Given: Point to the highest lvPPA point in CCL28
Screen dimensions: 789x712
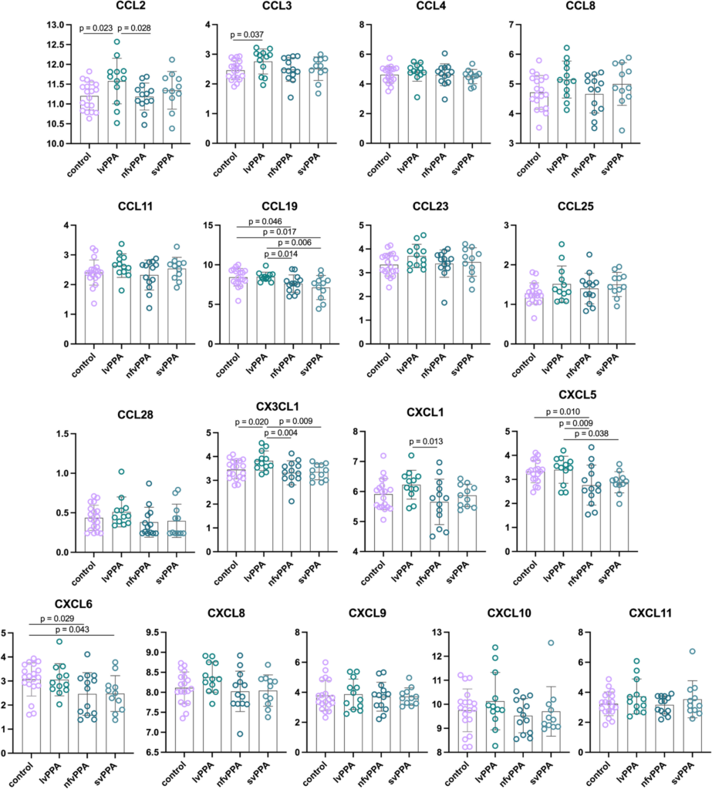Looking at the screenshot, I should click(x=122, y=472).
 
